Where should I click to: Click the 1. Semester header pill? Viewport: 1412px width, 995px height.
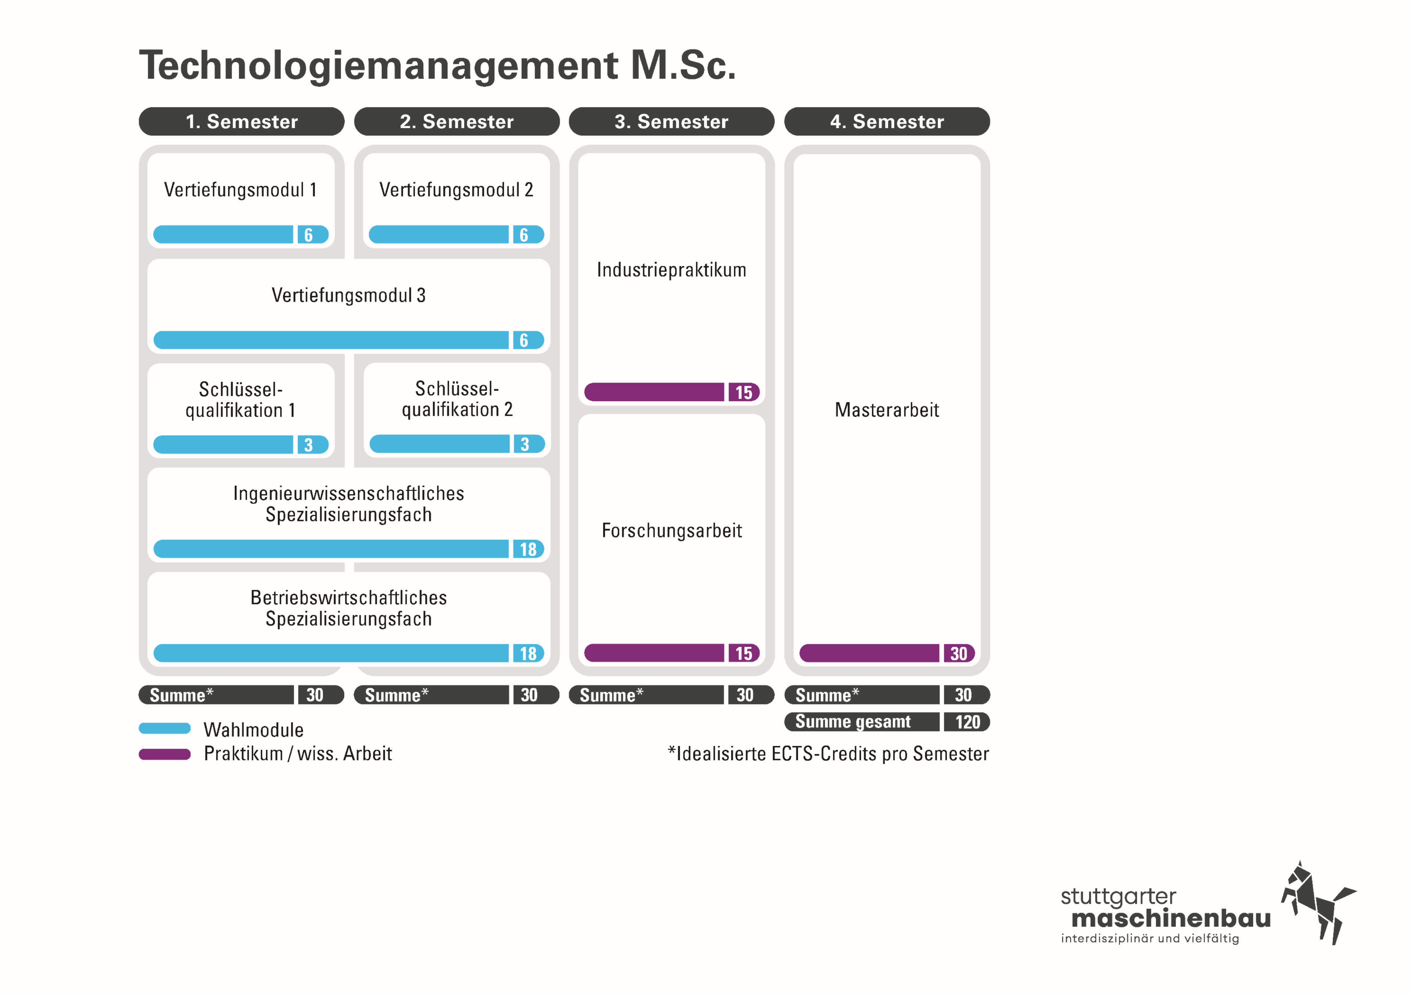[x=242, y=121]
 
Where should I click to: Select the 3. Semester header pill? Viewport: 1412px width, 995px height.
[x=671, y=121]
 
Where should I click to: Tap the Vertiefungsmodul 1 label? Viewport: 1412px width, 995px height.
[x=240, y=189]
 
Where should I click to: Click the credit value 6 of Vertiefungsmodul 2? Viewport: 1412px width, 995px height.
[x=524, y=234]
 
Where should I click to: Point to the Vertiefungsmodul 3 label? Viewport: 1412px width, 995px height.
[x=349, y=295]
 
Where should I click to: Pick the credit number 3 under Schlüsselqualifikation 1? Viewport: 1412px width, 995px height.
[x=309, y=445]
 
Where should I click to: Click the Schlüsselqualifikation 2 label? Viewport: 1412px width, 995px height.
[x=457, y=399]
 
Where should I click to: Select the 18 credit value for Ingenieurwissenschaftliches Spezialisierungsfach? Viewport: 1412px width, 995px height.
[x=528, y=549]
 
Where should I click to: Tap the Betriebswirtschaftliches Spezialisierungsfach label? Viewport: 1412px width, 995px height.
[x=349, y=608]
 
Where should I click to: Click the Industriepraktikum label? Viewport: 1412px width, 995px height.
[x=671, y=270]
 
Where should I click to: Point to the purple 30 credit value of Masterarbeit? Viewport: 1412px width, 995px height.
[x=959, y=653]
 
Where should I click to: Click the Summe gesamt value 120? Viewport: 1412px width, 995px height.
[x=968, y=722]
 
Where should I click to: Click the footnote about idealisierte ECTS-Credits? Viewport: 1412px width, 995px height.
[x=828, y=754]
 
